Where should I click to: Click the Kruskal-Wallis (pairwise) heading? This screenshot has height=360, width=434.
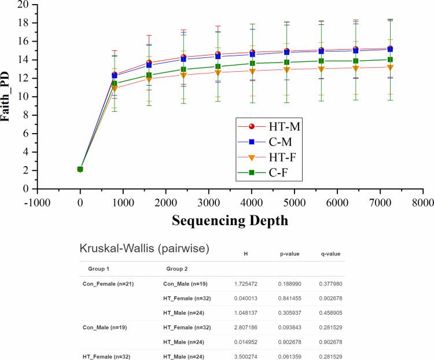(144, 249)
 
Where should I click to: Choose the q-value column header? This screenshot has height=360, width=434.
(330, 254)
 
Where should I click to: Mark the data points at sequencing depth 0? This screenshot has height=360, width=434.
(80, 169)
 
